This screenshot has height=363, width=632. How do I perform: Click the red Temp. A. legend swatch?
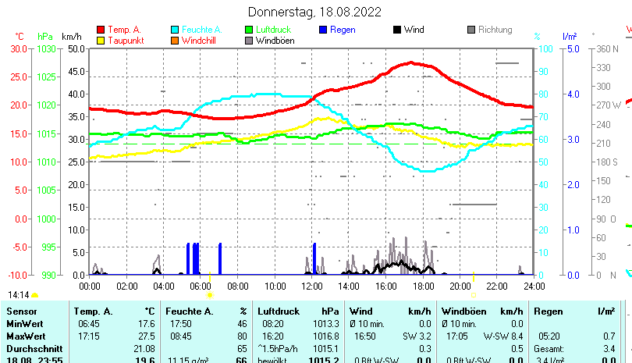(x=100, y=30)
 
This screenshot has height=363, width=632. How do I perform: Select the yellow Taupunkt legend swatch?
(x=100, y=41)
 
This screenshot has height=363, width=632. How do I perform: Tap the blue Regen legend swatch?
(x=324, y=30)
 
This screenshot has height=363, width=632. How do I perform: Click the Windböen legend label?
(x=275, y=41)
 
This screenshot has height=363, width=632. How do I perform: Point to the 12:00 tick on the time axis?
(x=312, y=286)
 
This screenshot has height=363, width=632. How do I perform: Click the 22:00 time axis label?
(x=496, y=286)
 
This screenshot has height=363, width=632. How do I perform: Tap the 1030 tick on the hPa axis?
(x=46, y=48)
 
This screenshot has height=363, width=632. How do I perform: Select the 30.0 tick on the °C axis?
(x=18, y=48)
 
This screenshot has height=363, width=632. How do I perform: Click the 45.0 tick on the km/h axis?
(x=77, y=71)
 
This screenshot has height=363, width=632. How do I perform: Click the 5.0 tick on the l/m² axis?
(x=571, y=48)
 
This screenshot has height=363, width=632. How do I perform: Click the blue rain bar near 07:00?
(x=220, y=258)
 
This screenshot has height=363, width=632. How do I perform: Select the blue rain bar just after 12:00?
(x=314, y=258)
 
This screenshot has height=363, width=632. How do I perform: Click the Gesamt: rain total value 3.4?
(x=610, y=347)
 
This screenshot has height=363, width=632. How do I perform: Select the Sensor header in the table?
(x=21, y=311)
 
